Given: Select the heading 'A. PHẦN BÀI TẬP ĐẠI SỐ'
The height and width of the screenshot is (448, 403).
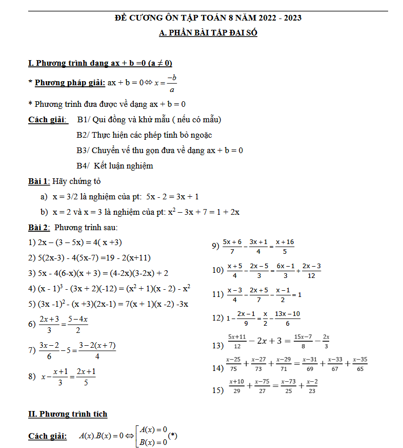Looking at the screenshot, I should pos(208,33).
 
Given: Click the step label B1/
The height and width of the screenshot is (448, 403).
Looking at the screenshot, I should pos(83,120).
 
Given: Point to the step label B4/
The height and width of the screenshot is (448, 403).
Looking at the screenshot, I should pos(83,166).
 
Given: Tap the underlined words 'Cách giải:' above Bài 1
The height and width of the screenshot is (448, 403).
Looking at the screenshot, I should pos(48,120).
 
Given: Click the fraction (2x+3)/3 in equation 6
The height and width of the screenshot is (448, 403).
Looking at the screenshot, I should pos(49,325).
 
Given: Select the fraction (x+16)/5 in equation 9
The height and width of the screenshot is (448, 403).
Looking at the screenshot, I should pos(285,247).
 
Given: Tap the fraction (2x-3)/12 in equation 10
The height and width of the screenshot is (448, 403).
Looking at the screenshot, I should pos(312,271).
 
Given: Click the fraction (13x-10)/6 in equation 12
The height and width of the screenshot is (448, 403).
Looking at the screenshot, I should pos(288,319).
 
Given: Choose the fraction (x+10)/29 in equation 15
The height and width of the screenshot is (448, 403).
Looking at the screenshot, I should pos(236,386).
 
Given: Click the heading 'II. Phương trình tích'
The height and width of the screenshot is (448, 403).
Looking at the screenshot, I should pos(68,414).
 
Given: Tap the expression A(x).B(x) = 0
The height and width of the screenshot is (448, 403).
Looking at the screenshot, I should pos(102,436).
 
